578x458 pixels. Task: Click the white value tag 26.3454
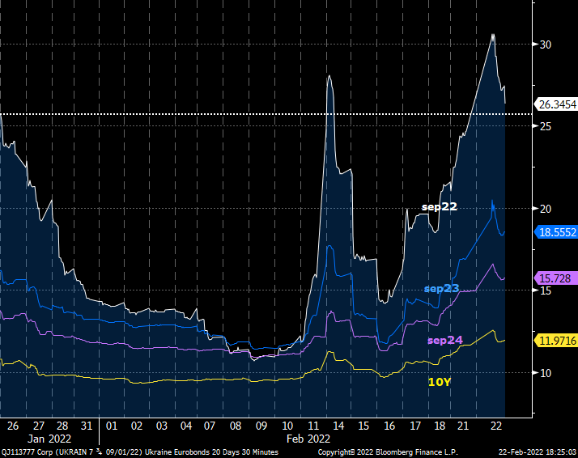point(557,104)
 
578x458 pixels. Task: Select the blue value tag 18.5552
point(557,231)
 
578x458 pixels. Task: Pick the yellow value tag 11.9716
point(557,341)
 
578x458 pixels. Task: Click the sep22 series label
point(440,207)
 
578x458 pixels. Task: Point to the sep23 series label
point(441,288)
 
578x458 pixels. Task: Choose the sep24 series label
point(444,340)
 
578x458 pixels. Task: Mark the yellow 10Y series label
point(438,381)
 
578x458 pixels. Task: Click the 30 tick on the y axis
point(546,45)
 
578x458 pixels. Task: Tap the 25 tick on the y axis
point(546,127)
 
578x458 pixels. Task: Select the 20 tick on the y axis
point(546,209)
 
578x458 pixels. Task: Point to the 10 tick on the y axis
point(546,373)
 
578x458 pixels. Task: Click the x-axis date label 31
point(87,426)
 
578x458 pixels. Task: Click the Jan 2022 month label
point(49,439)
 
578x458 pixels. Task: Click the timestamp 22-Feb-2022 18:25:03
point(537,452)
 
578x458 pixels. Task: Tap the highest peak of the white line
point(493,34)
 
